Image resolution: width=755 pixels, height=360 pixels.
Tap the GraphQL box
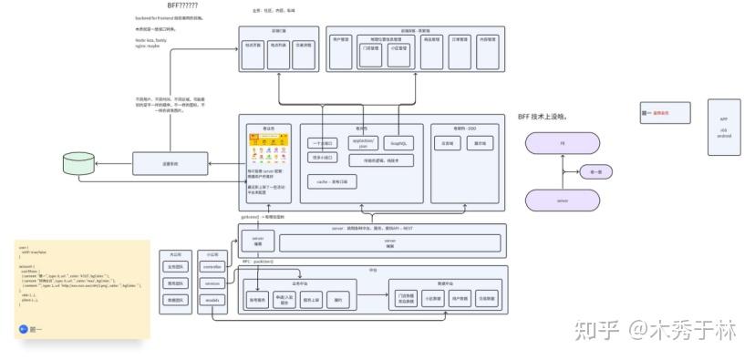pyautogui.click(x=398, y=143)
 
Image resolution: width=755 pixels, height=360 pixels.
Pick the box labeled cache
pyautogui.click(x=336, y=181)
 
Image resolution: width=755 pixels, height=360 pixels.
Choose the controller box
pyautogui.click(x=212, y=267)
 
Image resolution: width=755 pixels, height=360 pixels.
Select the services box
pyautogui.click(x=212, y=283)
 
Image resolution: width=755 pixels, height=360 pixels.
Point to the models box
pyautogui.click(x=212, y=300)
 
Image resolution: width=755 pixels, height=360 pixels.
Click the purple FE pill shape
pyautogui.click(x=562, y=143)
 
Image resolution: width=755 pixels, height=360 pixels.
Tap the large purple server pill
pyautogui.click(x=562, y=200)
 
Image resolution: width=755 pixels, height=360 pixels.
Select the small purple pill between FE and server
pyautogui.click(x=595, y=171)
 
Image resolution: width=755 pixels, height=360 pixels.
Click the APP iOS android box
pyautogui.click(x=724, y=128)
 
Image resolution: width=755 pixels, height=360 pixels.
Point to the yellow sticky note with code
pyautogui.click(x=82, y=290)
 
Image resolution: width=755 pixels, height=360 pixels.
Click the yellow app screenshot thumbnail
pyautogui.click(x=268, y=149)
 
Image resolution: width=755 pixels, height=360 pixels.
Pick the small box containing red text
pyautogui.click(x=655, y=113)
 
